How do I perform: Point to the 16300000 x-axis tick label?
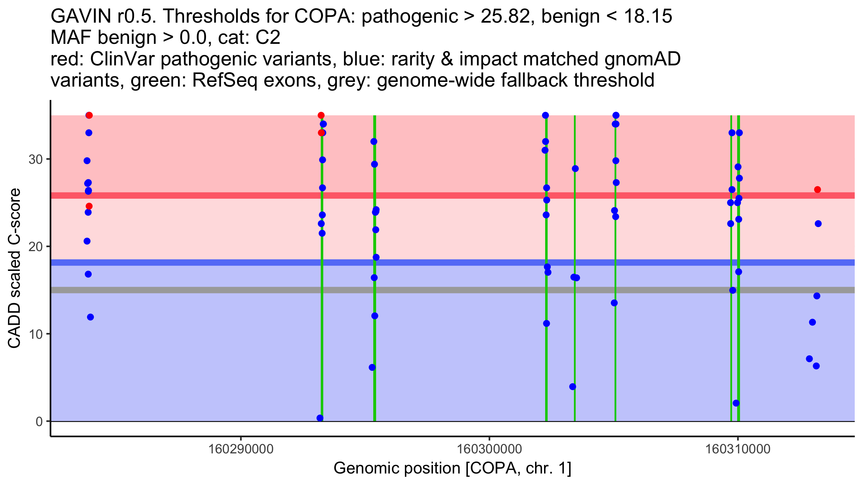pos(489,449)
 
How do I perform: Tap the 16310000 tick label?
pos(738,449)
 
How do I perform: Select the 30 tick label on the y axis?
pos(36,159)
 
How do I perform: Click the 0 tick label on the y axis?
pos(39,421)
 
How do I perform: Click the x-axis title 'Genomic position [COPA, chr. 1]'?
pos(452,468)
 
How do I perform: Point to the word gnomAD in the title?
pos(642,59)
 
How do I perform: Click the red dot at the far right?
pos(817,190)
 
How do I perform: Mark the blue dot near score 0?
pos(320,418)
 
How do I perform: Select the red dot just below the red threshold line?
pos(89,206)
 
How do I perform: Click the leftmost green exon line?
pos(322,323)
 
